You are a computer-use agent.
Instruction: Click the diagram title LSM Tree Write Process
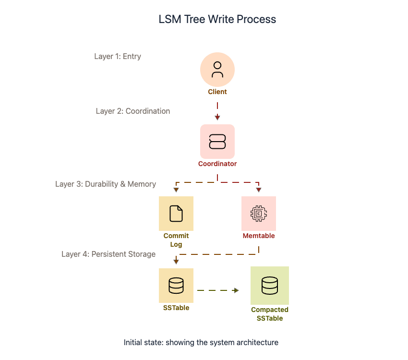tap(217, 20)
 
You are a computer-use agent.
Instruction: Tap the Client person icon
tap(217, 70)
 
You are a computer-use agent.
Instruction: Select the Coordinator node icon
tap(217, 142)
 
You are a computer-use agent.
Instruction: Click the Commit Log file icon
tap(176, 214)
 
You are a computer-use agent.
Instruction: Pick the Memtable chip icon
tap(259, 214)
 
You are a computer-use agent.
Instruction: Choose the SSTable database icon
tap(176, 286)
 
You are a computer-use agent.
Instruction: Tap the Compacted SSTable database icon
tap(270, 286)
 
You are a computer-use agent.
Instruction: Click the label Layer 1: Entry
tap(118, 57)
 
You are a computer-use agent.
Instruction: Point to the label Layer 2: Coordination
tap(133, 111)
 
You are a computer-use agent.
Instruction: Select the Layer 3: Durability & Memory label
tap(106, 184)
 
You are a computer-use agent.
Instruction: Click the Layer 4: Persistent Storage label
tap(108, 254)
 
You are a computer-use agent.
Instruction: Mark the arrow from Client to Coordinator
tap(217, 111)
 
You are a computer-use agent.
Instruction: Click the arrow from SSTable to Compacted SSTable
tap(218, 290)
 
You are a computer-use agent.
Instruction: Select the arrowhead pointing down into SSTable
tap(176, 262)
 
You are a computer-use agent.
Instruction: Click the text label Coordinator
tap(217, 164)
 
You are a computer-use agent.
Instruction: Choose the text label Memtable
tap(259, 236)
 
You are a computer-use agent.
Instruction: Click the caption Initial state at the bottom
tap(201, 343)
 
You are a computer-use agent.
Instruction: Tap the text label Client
tap(217, 92)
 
